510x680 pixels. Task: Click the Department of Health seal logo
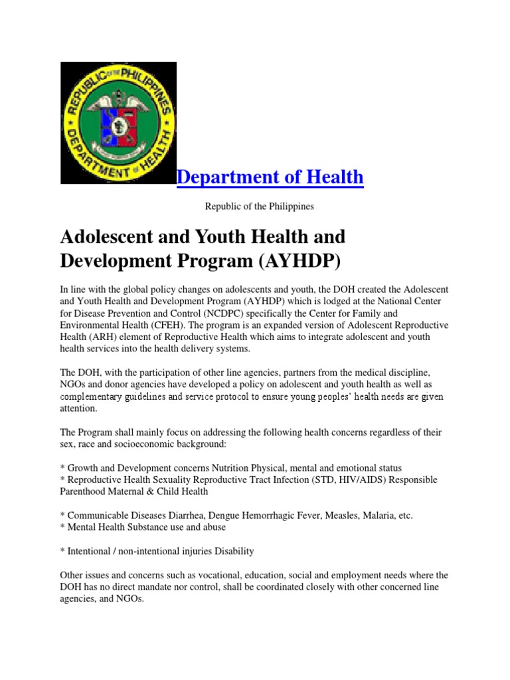point(118,123)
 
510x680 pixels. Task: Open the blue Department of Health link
point(270,177)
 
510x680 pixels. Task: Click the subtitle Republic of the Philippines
point(259,207)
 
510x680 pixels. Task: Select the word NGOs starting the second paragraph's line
point(73,384)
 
